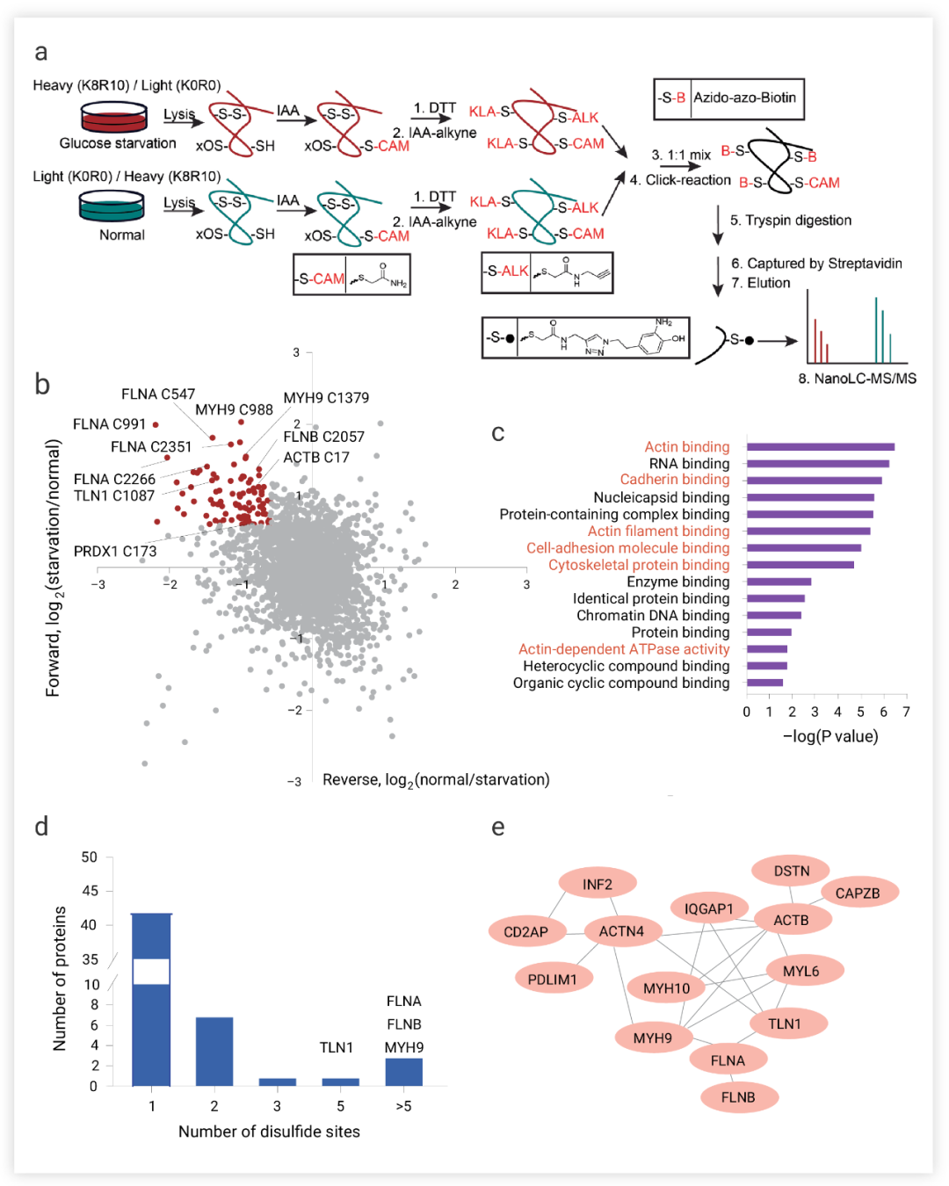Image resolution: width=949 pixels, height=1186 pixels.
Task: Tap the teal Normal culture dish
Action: (112, 207)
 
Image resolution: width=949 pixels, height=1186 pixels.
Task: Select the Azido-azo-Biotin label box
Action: (729, 98)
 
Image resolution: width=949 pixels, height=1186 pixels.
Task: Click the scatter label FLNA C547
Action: (158, 394)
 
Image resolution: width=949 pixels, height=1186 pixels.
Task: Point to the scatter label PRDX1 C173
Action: (115, 552)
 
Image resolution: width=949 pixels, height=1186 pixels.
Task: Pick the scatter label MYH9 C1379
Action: (326, 398)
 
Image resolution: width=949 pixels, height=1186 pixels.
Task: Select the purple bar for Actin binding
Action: (820, 447)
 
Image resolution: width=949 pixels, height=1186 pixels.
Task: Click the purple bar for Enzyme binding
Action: (779, 582)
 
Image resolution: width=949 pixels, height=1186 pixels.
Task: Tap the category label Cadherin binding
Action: (674, 480)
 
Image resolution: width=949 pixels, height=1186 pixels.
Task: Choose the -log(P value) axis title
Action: (830, 736)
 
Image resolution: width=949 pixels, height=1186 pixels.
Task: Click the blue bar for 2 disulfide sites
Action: (214, 1052)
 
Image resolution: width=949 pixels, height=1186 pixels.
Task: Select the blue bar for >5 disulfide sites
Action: (404, 1072)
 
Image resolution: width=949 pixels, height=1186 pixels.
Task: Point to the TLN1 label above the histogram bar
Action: (337, 1047)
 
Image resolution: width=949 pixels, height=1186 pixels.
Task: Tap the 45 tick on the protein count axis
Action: (90, 891)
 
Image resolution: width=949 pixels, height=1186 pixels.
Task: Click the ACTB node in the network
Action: (791, 920)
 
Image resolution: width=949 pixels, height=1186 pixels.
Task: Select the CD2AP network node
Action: (526, 932)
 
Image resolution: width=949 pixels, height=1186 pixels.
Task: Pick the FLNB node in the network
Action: (738, 1097)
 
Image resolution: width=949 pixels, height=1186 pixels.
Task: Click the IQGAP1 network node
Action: (709, 908)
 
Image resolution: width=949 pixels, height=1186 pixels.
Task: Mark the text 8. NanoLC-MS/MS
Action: (857, 379)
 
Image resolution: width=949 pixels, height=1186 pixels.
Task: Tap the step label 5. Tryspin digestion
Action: (791, 221)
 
